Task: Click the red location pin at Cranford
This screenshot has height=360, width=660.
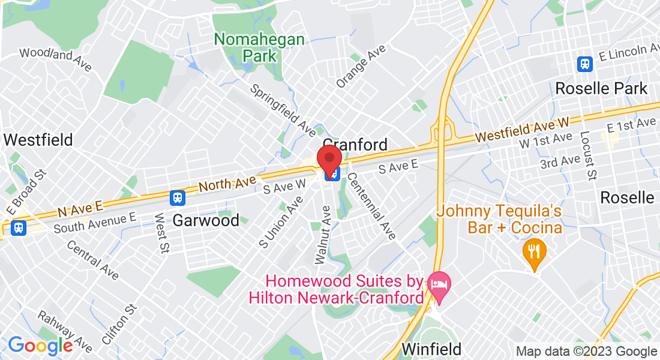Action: tap(329, 159)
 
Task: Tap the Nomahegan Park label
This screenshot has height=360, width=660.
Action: tap(260, 48)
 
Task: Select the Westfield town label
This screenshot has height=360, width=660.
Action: tap(38, 140)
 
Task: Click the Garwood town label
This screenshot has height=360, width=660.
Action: tap(206, 220)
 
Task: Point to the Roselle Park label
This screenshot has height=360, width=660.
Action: tap(601, 89)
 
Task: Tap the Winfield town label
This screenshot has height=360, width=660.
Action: tap(431, 349)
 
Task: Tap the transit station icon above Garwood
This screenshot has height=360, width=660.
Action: tap(177, 197)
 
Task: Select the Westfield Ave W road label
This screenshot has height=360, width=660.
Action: tap(522, 129)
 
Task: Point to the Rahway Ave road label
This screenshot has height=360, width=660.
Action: tap(65, 331)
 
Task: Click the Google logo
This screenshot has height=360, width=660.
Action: tap(40, 346)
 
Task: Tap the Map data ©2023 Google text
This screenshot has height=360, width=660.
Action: tap(586, 352)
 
